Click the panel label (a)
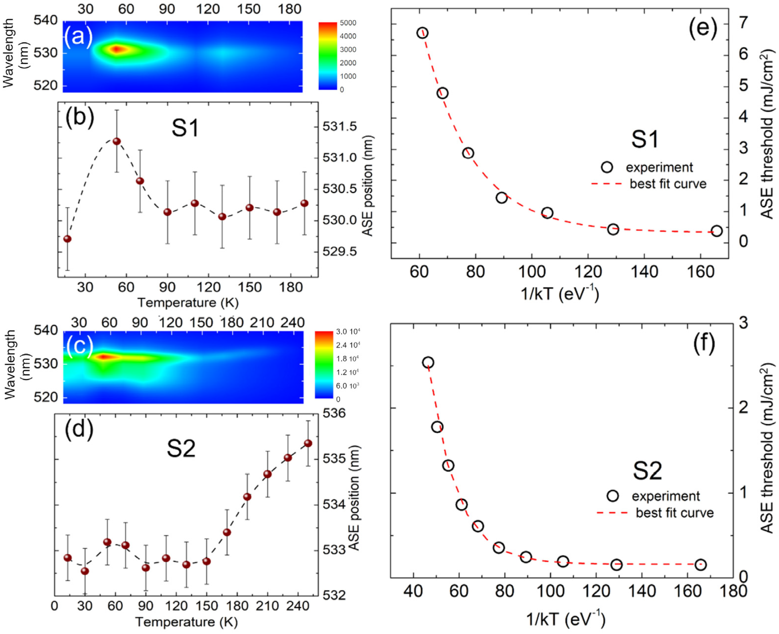click(x=78, y=37)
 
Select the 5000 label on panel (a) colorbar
click(x=348, y=23)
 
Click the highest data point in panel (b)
click(x=117, y=141)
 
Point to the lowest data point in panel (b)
click(x=67, y=239)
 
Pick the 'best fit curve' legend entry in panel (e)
click(x=668, y=184)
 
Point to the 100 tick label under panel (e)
click(x=531, y=272)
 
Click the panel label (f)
click(x=704, y=343)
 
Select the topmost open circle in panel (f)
click(x=428, y=363)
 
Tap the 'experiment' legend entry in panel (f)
click(x=665, y=496)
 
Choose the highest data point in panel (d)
click(x=308, y=443)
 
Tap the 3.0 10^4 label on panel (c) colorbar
click(x=348, y=332)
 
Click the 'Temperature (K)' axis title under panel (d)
click(x=186, y=622)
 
